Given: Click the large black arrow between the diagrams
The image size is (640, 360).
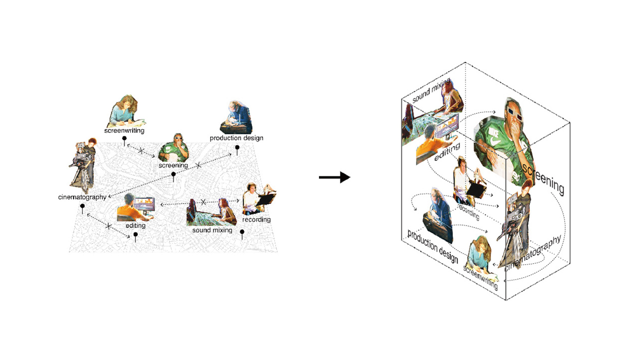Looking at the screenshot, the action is [334, 177].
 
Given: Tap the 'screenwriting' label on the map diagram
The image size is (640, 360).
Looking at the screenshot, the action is [124, 130].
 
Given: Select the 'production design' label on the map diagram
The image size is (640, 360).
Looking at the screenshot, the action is [236, 138].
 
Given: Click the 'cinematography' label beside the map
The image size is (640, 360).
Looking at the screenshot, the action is [82, 197].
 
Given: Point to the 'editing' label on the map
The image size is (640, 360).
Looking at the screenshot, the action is [135, 225].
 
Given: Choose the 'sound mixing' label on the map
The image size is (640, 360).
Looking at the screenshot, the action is [212, 230].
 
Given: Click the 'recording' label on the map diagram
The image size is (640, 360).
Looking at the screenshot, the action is [256, 219].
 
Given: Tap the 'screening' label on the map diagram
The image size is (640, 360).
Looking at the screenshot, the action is [173, 165].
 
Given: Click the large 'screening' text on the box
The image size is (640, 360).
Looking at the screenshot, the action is [543, 180].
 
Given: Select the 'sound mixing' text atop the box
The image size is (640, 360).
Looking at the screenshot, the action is [431, 90].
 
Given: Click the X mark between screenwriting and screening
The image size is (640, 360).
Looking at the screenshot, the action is [141, 150].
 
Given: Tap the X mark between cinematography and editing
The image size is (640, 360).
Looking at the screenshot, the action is [108, 226].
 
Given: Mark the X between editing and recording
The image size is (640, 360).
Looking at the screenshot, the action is [203, 202].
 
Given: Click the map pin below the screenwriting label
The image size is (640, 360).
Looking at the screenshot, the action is [124, 140].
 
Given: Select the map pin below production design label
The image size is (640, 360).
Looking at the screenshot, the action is [237, 149].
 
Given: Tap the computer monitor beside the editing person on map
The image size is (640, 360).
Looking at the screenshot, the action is [144, 205].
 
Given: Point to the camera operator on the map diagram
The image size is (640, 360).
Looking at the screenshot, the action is [83, 165].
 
